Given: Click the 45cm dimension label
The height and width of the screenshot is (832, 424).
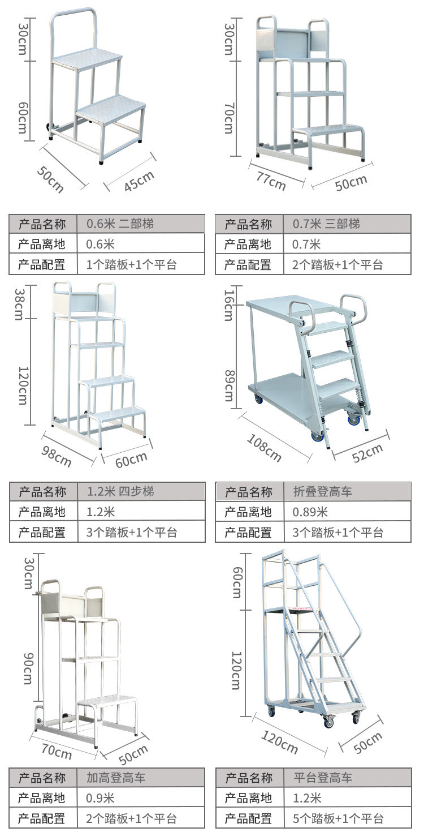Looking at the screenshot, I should coord(139,181).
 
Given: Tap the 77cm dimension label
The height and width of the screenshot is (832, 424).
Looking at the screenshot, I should coord(271,181).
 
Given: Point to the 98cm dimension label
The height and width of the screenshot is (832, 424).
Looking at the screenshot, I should coord(57,456).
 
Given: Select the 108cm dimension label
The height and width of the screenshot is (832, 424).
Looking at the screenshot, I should coord(265,447).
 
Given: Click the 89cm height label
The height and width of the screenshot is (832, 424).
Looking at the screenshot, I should coord(228,385).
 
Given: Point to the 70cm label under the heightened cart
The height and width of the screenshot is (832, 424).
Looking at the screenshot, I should coord(57,751).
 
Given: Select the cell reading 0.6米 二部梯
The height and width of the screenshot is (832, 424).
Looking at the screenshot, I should coord(120,224).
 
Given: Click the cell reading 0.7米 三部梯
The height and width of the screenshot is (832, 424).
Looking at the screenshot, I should coord(326,224).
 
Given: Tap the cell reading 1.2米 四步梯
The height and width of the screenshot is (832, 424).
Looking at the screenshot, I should coord(120,491).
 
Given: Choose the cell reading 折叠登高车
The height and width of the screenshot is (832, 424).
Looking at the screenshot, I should coord(322,491).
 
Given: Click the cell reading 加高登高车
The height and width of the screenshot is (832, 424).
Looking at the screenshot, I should coord(116,778).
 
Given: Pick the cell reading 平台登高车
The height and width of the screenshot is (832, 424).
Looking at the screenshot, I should coord(322,778).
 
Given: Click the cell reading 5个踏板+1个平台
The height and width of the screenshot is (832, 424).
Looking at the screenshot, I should coord(338,818).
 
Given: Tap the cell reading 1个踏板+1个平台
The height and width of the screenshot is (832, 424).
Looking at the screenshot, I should coord(132,264).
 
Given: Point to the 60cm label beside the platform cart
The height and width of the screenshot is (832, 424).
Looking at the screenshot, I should coord(237,583).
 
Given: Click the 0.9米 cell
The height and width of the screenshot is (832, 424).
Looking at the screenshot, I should coord(101,798).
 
